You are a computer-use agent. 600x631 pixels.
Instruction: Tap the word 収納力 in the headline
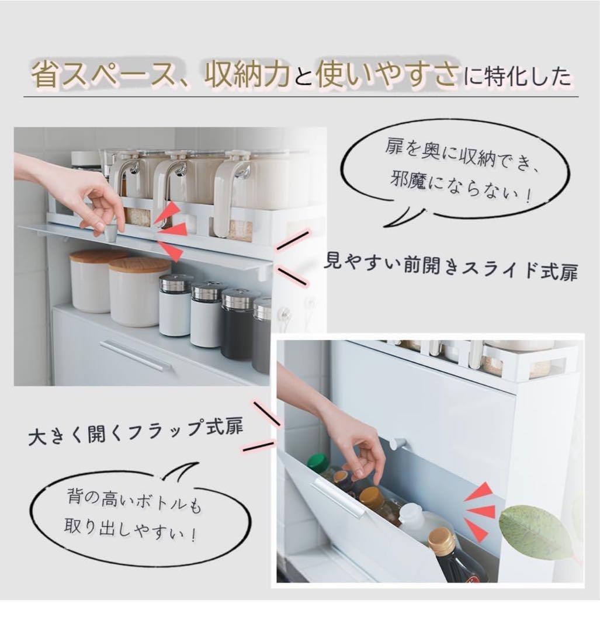pyautogui.click(x=249, y=76)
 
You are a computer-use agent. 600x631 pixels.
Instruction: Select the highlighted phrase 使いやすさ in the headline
pyautogui.click(x=386, y=76)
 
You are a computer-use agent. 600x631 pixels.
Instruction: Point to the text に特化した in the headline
pyautogui.click(x=516, y=77)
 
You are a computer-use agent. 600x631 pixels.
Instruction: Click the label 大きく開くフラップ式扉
pyautogui.click(x=136, y=432)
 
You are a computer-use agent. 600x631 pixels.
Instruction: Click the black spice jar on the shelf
pyautogui.click(x=237, y=324)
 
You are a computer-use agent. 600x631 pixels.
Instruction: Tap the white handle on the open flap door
pyautogui.click(x=338, y=498)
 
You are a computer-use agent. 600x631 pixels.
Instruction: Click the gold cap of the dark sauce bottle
pyautogui.click(x=442, y=541)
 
